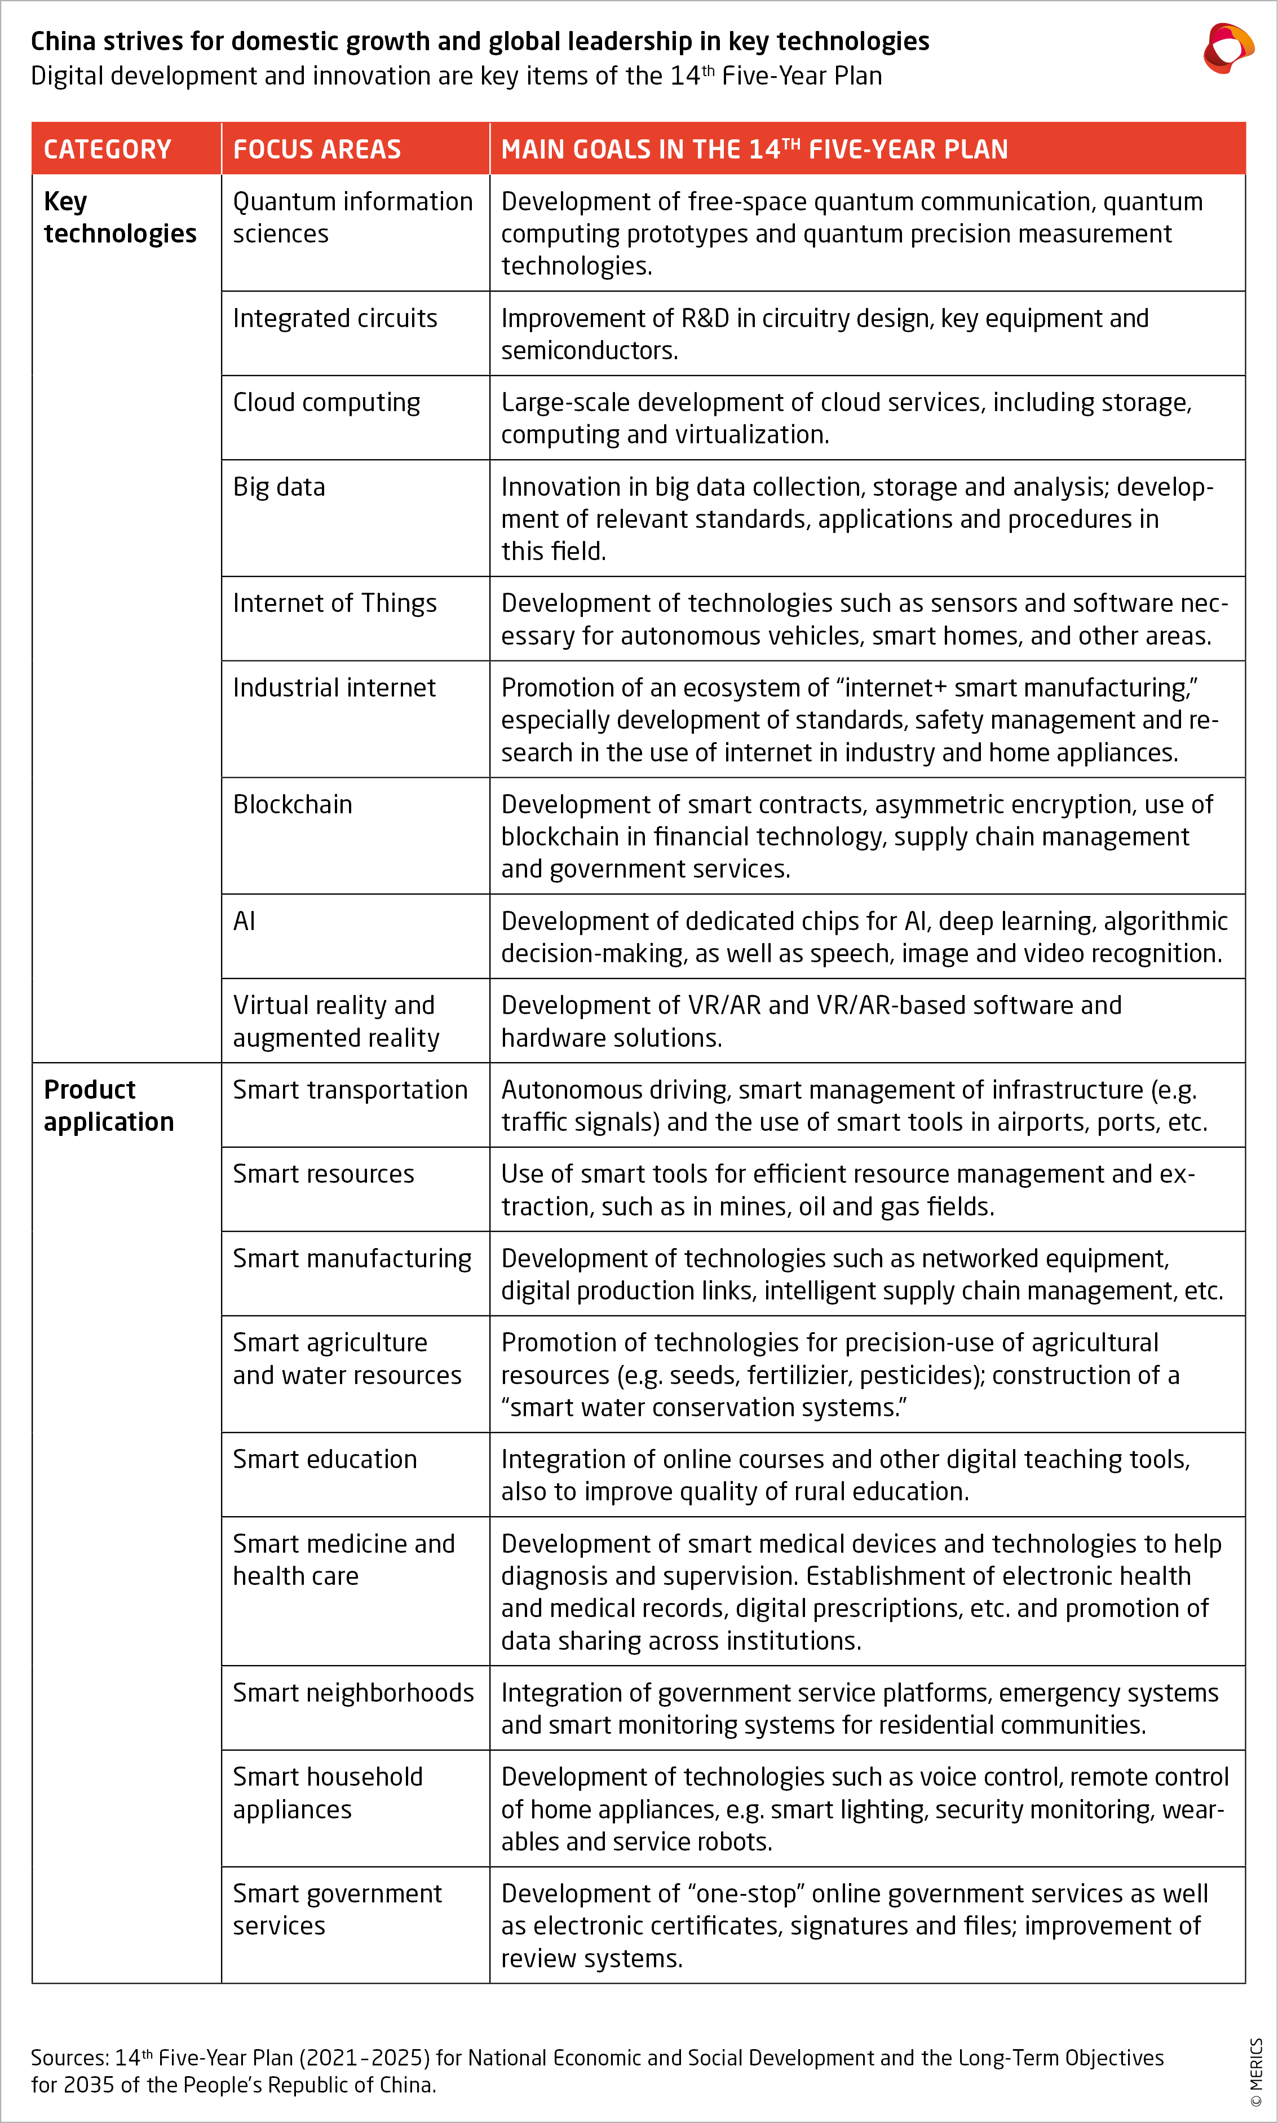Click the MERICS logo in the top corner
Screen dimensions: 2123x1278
click(x=1228, y=49)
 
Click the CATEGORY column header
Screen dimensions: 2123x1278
click(x=108, y=149)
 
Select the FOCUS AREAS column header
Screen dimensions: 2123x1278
click(x=317, y=149)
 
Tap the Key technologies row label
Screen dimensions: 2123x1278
click(x=120, y=217)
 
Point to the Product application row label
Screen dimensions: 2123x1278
click(x=108, y=1105)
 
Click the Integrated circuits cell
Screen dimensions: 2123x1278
click(x=335, y=318)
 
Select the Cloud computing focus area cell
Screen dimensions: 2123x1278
click(x=326, y=402)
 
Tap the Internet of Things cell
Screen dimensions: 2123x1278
click(x=334, y=603)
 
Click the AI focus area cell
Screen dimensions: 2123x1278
click(x=245, y=921)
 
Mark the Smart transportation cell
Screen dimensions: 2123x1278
click(x=350, y=1090)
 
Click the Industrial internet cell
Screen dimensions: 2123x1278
click(x=334, y=688)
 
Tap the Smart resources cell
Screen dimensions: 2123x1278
click(x=323, y=1174)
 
